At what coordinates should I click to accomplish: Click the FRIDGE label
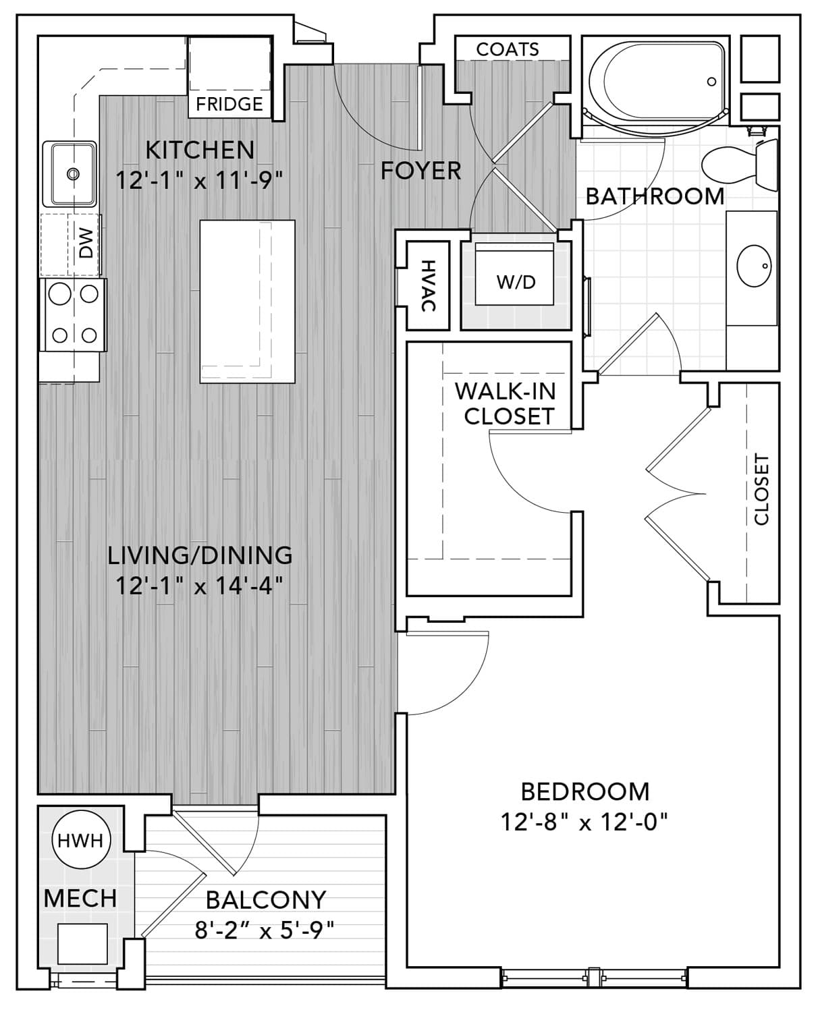pos(229,104)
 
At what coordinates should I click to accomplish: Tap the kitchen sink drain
pos(73,173)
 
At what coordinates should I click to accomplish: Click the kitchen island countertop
pos(247,301)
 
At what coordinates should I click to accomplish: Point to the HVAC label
pos(429,286)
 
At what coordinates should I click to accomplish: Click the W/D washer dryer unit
pos(514,274)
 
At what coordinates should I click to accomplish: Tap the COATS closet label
pos(508,49)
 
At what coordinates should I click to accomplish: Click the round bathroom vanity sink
pos(754,266)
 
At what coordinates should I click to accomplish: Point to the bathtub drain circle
pos(711,81)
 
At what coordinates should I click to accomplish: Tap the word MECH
pos(80,899)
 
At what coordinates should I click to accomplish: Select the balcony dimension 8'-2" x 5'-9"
pos(265,930)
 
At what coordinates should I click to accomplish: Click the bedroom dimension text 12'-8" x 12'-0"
pos(584,822)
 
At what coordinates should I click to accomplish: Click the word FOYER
pos(421,171)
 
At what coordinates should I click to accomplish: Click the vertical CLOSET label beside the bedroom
pos(761,490)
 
